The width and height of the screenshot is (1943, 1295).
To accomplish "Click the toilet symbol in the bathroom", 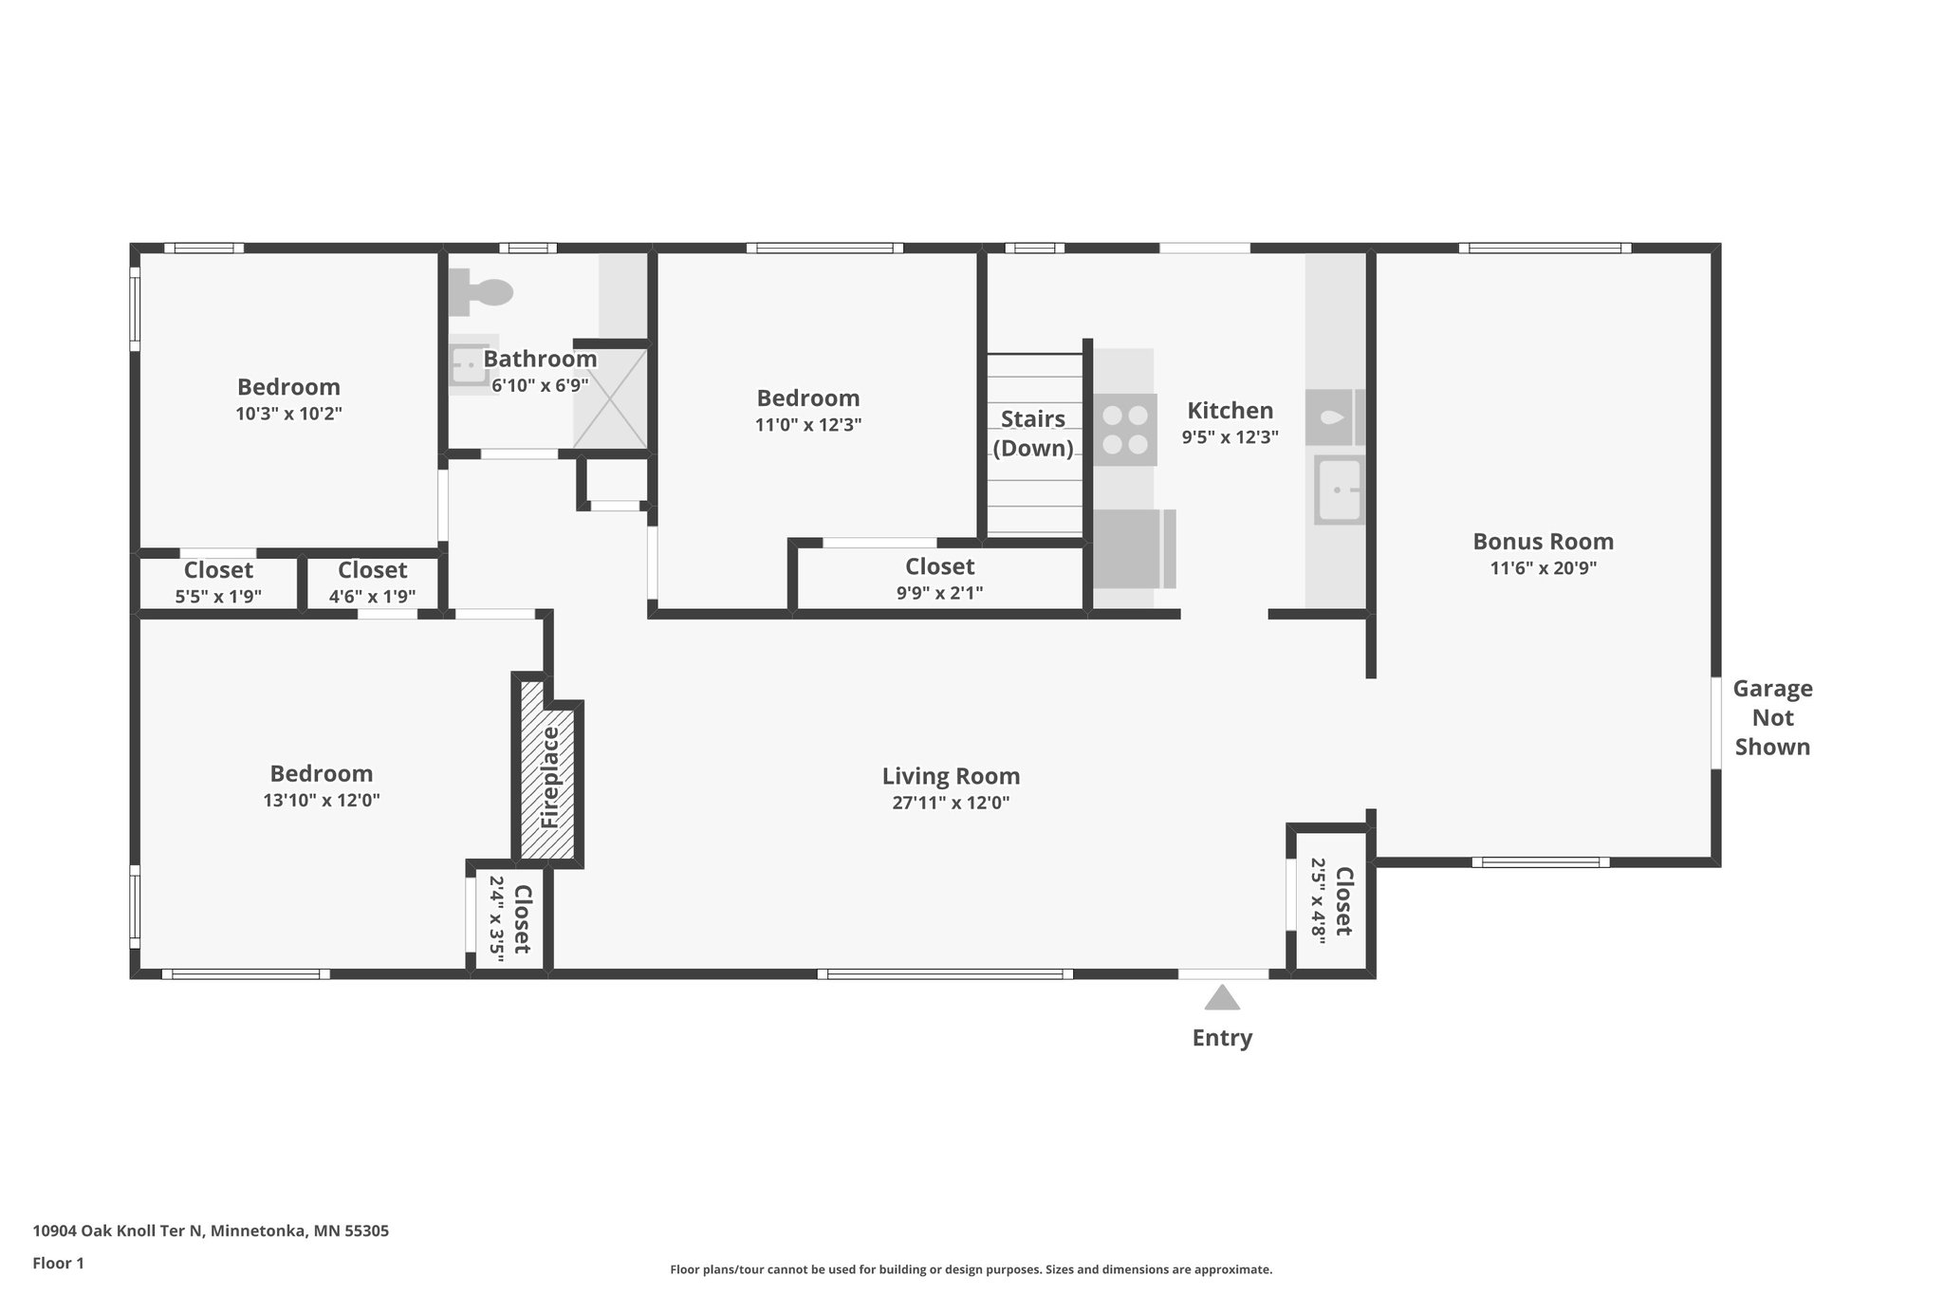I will point(481,291).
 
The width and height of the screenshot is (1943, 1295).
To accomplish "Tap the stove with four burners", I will point(1125,430).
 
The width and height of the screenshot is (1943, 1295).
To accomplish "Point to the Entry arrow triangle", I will point(1222,998).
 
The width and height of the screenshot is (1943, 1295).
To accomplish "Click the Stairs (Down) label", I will point(1033,433).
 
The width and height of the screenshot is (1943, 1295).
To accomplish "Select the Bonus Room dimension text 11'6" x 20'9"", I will point(1543,568).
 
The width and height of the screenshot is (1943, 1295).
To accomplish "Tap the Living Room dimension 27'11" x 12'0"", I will point(951,803).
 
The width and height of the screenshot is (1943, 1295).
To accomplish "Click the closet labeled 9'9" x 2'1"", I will point(939,580).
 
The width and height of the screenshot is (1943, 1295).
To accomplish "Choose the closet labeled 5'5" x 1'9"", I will point(218,583).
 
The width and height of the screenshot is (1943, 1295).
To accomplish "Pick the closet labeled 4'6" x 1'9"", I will point(372,583).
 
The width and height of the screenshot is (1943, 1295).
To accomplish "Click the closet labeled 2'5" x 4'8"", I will point(1331,900).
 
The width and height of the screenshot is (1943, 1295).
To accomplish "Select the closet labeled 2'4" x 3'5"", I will point(509,918).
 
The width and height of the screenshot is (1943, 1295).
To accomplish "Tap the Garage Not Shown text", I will point(1772,717).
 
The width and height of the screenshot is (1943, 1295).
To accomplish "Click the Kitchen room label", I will point(1230,411).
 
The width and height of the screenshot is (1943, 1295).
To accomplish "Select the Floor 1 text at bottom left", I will point(59,1263).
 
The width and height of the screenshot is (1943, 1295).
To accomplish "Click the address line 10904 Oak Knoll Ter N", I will point(211,1230).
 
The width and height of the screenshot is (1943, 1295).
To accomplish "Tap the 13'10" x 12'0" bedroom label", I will point(322,800).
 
